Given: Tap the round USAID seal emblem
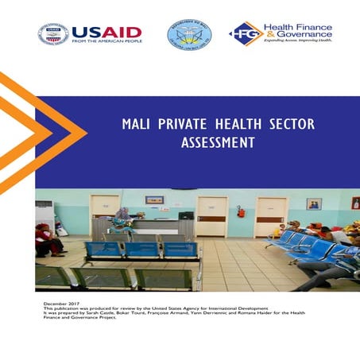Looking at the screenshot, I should [53, 34].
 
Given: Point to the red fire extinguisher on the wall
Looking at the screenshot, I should [240, 211].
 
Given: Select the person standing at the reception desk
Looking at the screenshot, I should [123, 220].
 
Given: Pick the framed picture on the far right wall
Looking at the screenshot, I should [314, 203].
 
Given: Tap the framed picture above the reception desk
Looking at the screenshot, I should [154, 199].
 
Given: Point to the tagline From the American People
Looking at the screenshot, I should [106, 41].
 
